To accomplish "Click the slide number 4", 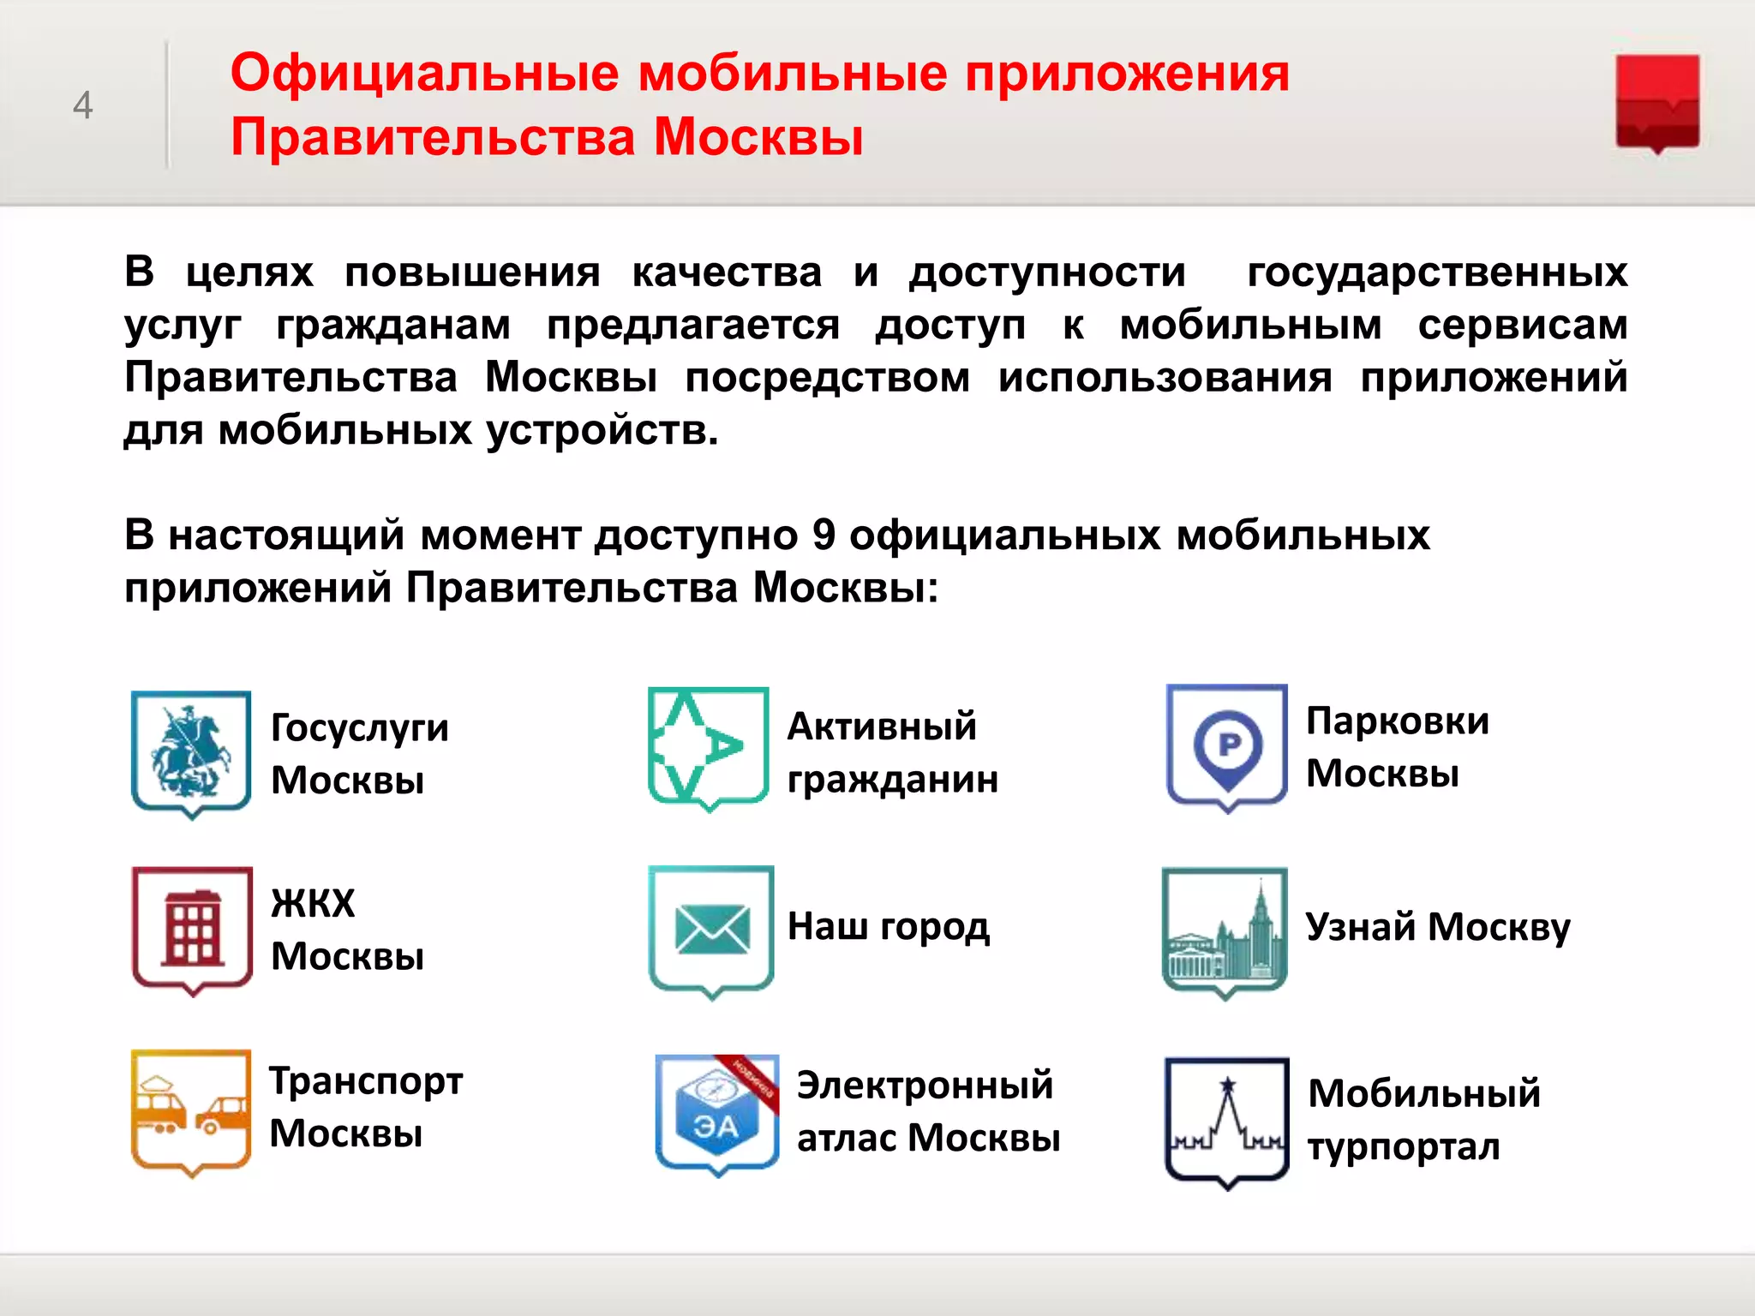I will coord(82,105).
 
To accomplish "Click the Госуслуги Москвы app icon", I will coord(191,753).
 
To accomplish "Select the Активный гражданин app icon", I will coord(708,747).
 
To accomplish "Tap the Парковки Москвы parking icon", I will coord(1226,745).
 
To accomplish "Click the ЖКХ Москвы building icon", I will coord(192,929).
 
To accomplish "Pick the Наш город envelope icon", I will coord(711,930).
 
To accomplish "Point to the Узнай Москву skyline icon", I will coord(1225,930).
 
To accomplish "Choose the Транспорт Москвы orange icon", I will coord(191,1110).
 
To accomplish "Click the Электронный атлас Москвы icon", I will coord(716,1113).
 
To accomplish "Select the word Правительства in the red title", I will coord(433,137).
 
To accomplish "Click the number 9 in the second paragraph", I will coord(824,535).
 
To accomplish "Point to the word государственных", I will coord(1437,273).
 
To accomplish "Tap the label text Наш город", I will coord(888,927).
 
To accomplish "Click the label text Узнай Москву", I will coord(1437,927).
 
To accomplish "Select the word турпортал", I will coord(1403,1147).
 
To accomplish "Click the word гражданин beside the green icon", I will coord(892,780).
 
